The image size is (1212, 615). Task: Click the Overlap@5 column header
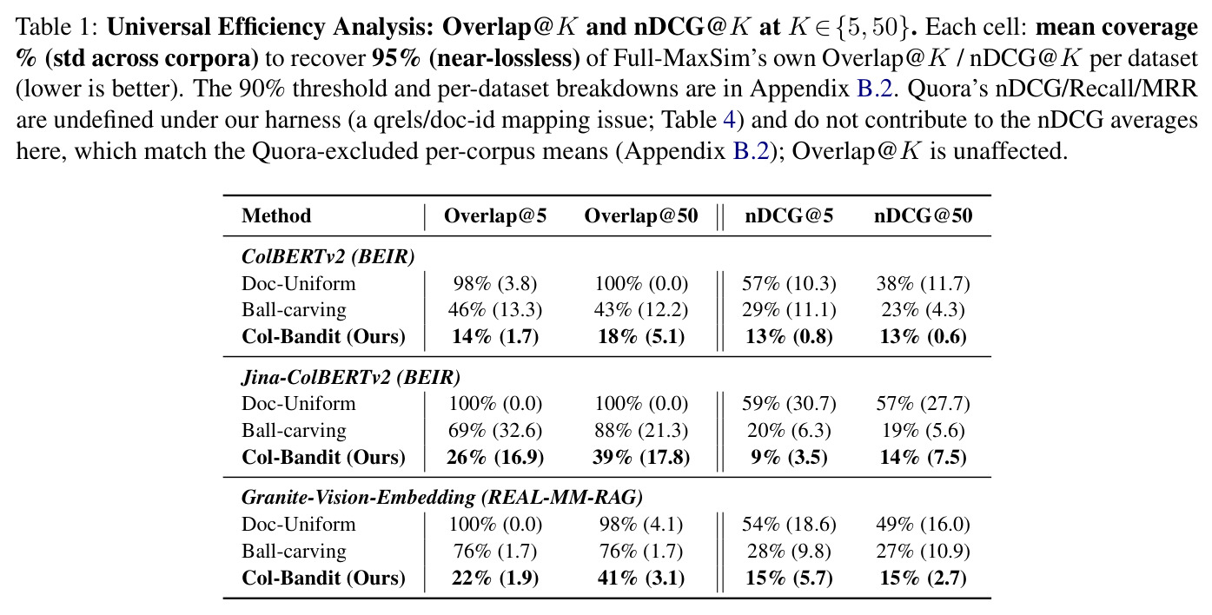click(495, 215)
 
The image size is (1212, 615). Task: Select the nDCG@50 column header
click(923, 215)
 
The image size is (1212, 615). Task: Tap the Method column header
click(276, 215)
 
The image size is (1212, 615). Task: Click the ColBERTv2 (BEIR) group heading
click(328, 256)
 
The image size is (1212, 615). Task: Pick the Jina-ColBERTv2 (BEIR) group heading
click(351, 376)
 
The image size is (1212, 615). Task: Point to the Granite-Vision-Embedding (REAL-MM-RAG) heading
click(442, 497)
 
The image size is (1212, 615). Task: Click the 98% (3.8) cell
click(495, 283)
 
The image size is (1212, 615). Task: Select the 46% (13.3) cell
click(495, 309)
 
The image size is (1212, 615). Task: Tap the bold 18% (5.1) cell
click(641, 336)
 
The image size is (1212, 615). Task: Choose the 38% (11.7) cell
click(923, 283)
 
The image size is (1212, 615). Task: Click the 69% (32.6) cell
click(495, 430)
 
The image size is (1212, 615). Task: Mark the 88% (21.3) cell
click(641, 430)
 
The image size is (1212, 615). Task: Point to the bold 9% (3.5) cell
click(789, 457)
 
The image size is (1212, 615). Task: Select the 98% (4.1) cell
click(641, 524)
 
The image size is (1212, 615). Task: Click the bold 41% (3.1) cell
click(641, 578)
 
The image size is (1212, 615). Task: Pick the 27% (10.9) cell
click(923, 552)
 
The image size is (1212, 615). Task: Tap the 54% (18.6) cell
click(789, 524)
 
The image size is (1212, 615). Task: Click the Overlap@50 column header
click(641, 215)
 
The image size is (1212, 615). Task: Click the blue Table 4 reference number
click(729, 120)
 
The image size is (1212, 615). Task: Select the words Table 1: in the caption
click(56, 27)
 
